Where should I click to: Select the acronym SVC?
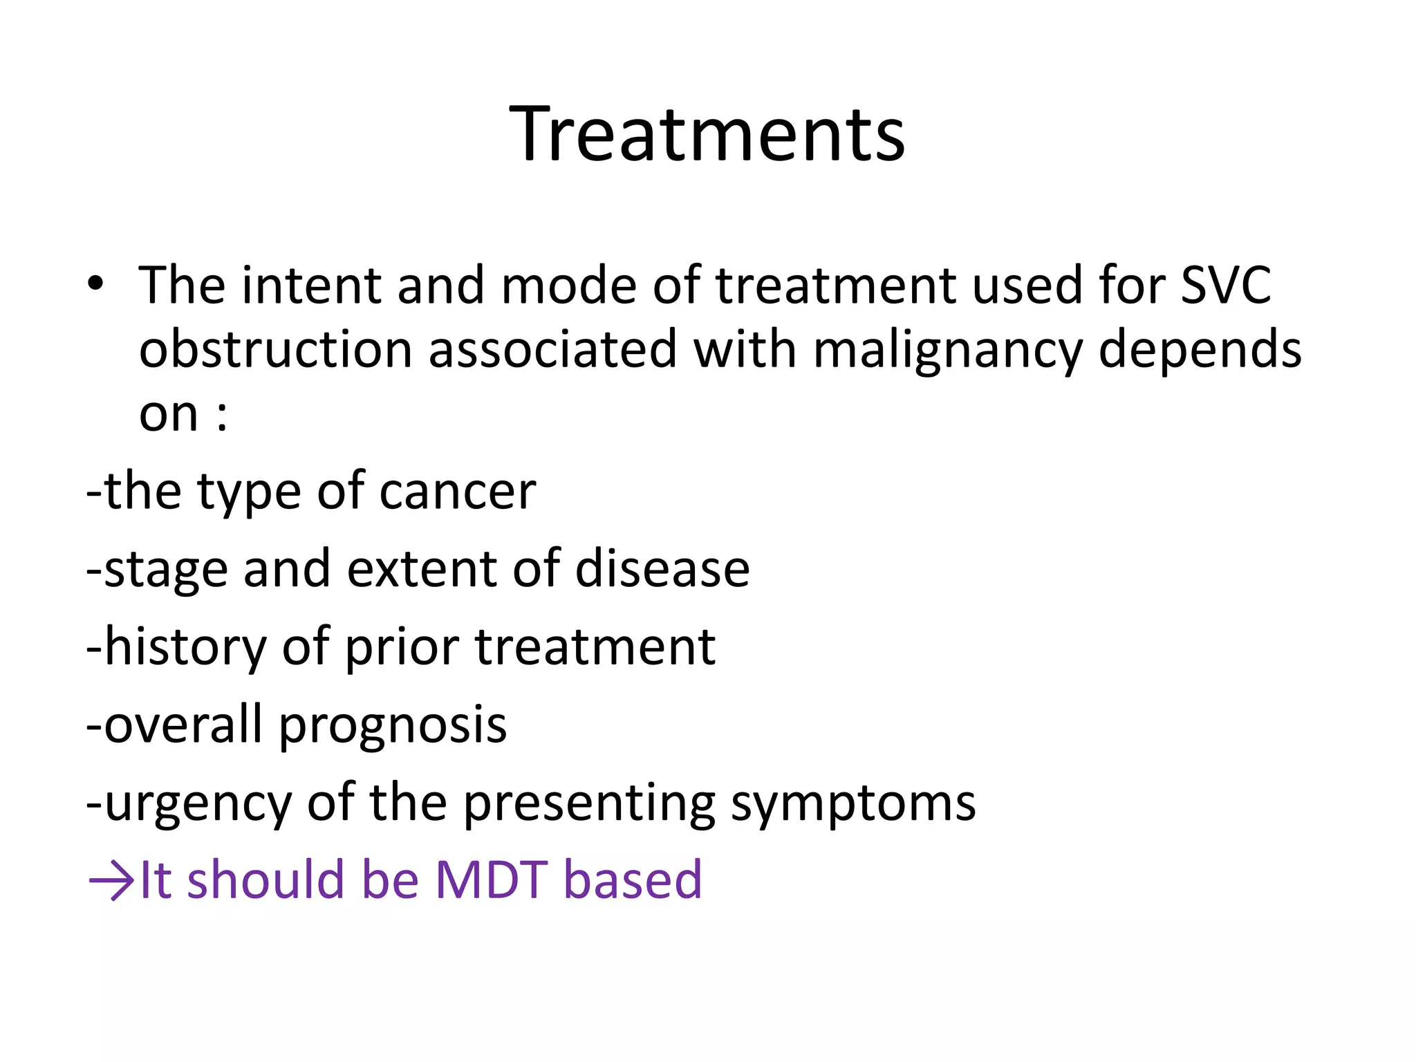click(1225, 285)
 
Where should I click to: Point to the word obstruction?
click(275, 349)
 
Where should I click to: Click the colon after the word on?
click(221, 415)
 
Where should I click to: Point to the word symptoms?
click(853, 804)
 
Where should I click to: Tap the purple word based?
click(633, 880)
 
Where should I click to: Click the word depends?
click(1200, 351)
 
